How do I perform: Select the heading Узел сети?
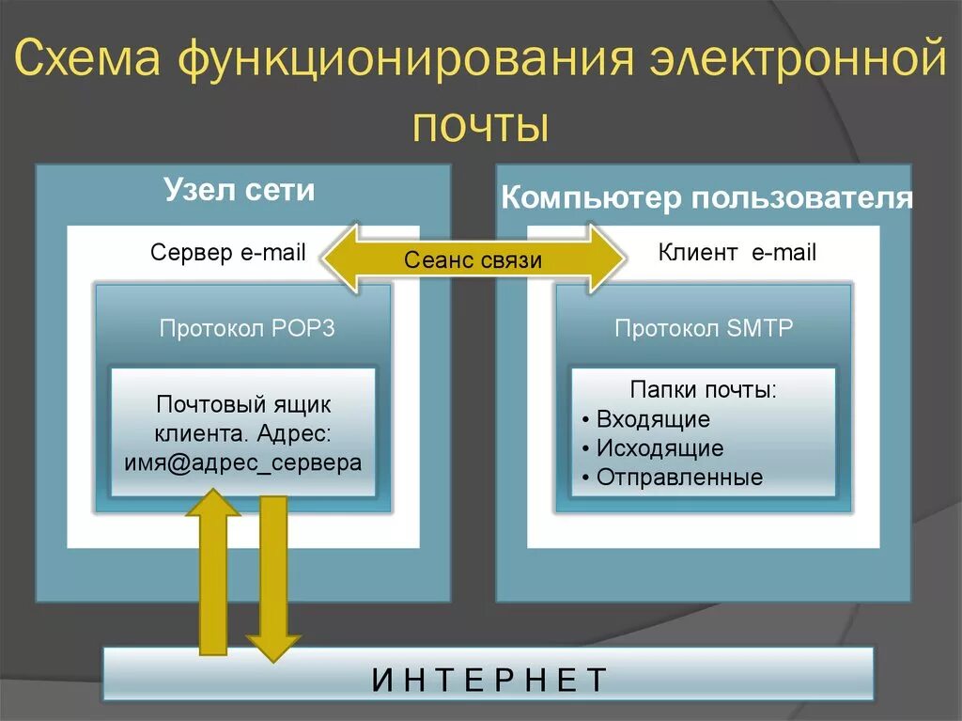click(240, 190)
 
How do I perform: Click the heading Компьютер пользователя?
click(706, 197)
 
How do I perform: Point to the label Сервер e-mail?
click(228, 253)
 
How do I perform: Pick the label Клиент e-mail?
click(737, 252)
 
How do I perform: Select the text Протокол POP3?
click(246, 328)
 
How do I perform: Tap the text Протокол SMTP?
click(704, 328)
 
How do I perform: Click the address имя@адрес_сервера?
click(243, 462)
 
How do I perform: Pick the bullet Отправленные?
click(679, 477)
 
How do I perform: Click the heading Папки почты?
click(703, 389)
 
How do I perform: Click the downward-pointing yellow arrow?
click(272, 578)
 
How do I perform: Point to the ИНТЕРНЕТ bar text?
click(489, 679)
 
